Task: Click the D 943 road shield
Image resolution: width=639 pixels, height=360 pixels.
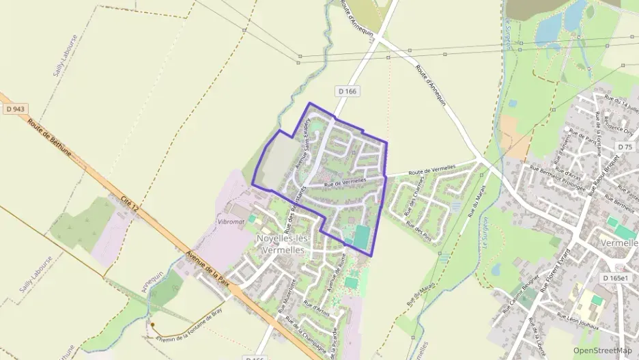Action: pos(15,109)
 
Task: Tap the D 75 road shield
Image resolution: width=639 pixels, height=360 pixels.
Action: pos(624,147)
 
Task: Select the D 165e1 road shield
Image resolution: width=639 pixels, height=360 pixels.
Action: pos(619,278)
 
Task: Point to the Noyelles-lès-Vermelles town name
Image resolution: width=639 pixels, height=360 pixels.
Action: pos(283,243)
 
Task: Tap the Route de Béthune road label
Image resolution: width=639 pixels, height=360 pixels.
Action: pos(55,140)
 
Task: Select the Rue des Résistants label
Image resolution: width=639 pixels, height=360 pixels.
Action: pos(292,208)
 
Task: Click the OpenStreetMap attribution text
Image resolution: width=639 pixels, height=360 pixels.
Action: pos(602,350)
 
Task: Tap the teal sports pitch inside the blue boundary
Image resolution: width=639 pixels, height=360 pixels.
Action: pos(361,237)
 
